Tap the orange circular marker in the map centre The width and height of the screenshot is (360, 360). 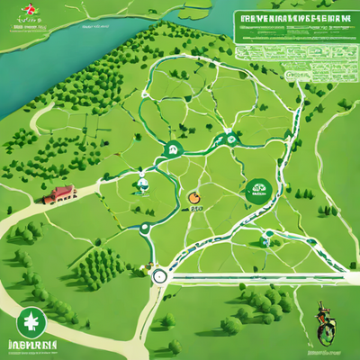(192, 197)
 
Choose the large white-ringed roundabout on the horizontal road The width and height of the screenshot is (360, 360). (160, 276)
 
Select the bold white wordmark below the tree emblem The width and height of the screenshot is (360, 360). (33, 346)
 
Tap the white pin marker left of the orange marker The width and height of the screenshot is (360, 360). (140, 187)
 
